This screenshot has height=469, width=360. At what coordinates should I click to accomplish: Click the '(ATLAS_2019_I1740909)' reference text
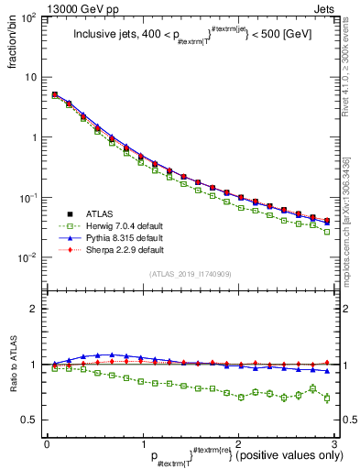tap(190, 274)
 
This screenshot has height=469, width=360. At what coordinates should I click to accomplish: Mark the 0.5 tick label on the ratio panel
tap(31, 420)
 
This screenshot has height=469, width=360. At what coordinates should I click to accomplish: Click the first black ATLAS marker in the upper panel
tap(55, 94)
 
